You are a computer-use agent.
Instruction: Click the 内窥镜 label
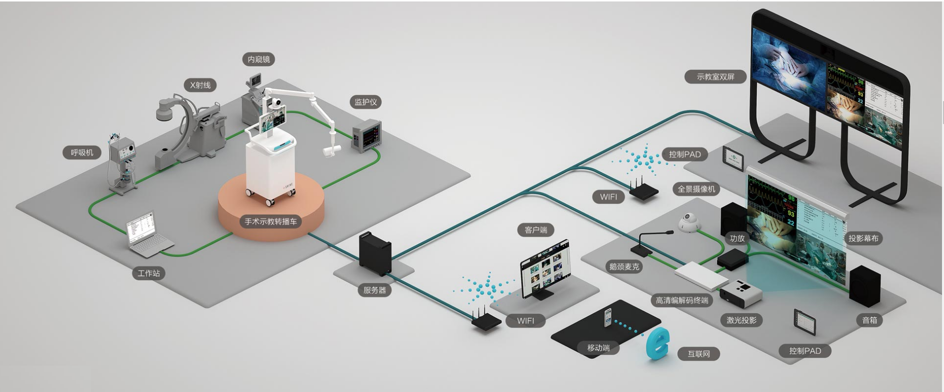pos(259,59)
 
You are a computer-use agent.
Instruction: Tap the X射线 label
pos(200,85)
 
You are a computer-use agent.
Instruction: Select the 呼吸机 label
pos(82,152)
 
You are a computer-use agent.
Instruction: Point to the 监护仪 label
pos(366,102)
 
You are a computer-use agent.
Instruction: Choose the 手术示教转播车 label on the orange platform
pos(271,221)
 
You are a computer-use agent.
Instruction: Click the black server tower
pos(375,254)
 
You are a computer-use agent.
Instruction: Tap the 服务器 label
pos(375,290)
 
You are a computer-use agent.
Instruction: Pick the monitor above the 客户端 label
pos(545,269)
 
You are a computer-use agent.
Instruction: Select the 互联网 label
pos(699,354)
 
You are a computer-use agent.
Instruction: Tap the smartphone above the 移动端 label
pos(608,318)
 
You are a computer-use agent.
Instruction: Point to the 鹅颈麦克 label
pos(624,266)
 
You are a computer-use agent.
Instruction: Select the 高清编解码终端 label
pos(682,300)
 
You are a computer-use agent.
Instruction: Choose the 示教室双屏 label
pos(716,77)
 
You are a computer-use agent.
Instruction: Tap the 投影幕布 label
pos(863,238)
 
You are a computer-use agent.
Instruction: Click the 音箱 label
pos(869,320)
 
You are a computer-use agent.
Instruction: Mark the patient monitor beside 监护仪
pos(367,135)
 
